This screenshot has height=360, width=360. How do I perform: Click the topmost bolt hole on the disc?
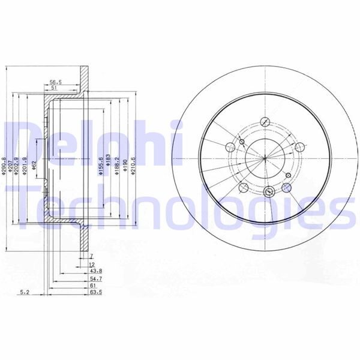point(265,120)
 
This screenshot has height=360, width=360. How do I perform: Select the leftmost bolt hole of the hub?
point(228,147)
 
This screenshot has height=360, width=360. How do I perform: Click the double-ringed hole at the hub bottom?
point(269,192)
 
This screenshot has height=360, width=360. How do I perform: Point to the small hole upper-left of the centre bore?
point(241,142)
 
